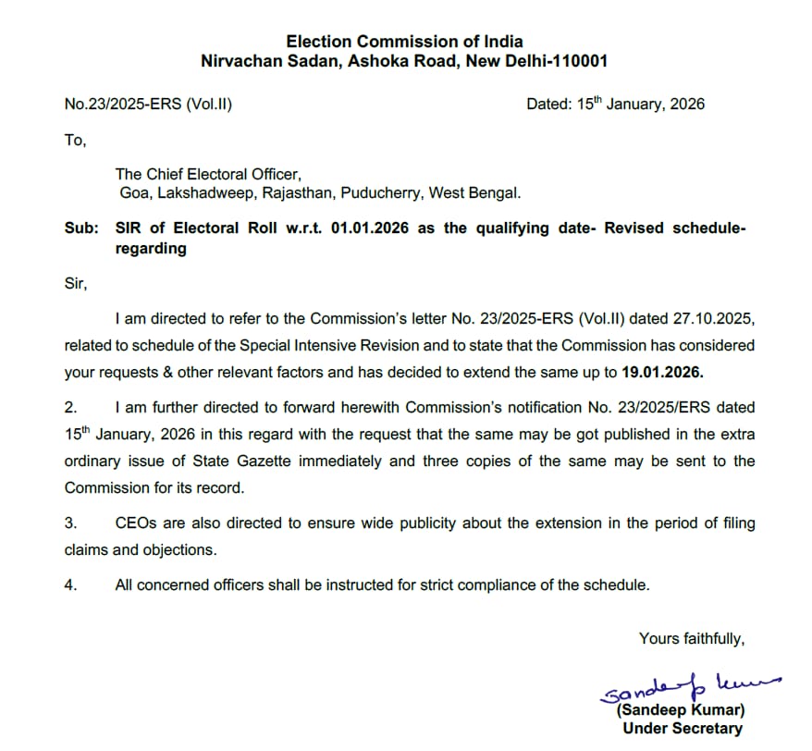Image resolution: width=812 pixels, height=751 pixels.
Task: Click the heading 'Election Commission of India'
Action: tap(404, 42)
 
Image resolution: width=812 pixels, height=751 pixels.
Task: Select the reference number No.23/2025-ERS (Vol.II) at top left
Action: tap(148, 105)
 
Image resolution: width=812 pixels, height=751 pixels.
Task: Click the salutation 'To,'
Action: tap(75, 141)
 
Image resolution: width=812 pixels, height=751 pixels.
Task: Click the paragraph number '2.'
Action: tap(71, 407)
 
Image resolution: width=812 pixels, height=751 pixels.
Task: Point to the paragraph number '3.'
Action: tap(71, 523)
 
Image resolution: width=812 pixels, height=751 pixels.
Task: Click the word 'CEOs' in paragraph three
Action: tap(136, 523)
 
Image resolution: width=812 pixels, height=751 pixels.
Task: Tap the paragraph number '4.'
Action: tap(71, 585)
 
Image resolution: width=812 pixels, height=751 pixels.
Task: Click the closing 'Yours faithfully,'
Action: tap(691, 638)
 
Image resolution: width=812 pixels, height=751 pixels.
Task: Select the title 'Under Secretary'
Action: tap(682, 729)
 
